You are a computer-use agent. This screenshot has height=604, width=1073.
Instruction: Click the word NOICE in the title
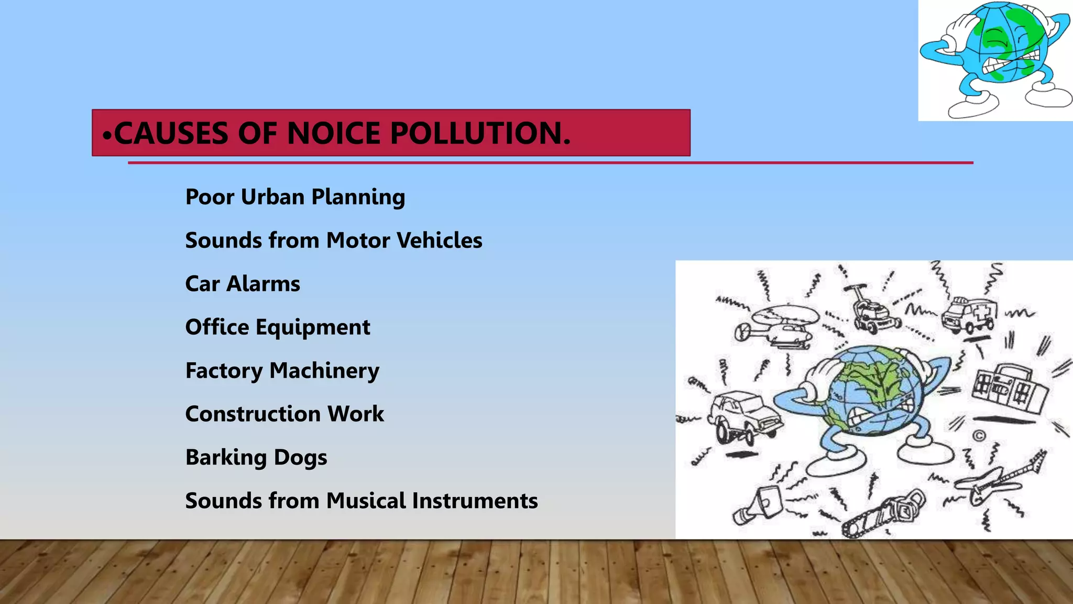coord(333,133)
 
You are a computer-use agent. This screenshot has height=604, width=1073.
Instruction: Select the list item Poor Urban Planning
coord(295,197)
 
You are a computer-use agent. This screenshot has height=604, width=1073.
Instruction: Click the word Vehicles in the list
coord(439,241)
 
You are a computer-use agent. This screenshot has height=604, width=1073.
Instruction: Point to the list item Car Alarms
coord(243,284)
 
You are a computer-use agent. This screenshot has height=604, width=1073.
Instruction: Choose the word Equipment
coord(312,328)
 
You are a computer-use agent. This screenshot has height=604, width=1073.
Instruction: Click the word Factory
coord(224,371)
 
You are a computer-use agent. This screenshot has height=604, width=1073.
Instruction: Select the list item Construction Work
coord(284,414)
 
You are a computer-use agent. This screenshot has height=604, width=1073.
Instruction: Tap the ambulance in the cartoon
coord(969,315)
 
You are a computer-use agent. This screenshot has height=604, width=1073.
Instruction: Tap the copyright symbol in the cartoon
coord(979,436)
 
